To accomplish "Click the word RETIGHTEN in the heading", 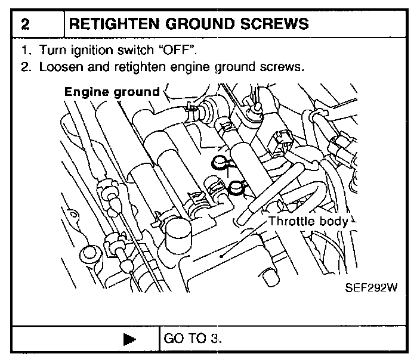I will (x=112, y=24).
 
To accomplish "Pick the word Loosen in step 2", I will (x=58, y=67).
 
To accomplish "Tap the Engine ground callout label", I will (x=112, y=92).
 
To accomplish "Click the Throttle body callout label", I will (x=308, y=221).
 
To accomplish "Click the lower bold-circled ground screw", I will (x=237, y=188).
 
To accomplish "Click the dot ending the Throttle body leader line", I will (x=222, y=257).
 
